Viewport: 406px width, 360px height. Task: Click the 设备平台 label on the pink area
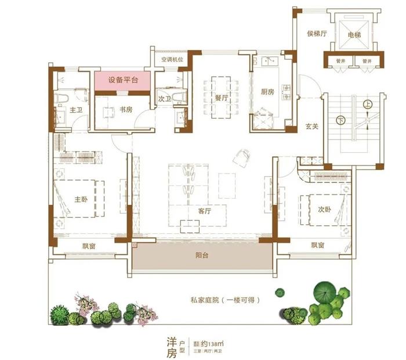pos(123,80)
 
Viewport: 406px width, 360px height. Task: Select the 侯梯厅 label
pos(317,34)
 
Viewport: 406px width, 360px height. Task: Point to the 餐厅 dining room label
pos(220,98)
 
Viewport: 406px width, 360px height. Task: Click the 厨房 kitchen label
pos(267,92)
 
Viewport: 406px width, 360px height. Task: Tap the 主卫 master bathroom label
pos(76,109)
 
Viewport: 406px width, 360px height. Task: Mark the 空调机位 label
pos(172,59)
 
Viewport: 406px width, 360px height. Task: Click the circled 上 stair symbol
pos(367,105)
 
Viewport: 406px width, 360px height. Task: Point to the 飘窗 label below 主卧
pos(89,245)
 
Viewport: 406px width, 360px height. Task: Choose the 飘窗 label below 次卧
pos(317,245)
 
